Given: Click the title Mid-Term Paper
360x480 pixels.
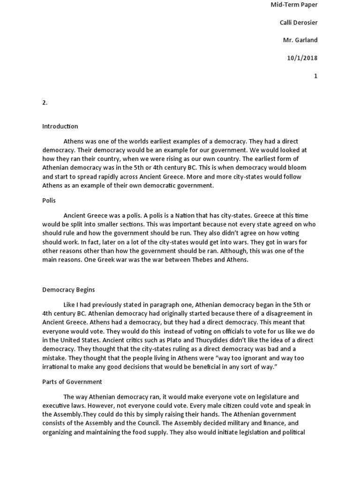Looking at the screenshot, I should tap(294, 5).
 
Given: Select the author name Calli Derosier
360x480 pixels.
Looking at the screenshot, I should tap(295, 22).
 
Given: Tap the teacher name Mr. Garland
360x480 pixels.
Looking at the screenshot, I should tap(300, 40).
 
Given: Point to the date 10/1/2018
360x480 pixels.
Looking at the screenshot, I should tap(302, 58).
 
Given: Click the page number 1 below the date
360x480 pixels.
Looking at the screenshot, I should tap(315, 76).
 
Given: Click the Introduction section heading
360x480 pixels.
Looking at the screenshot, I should tap(60, 127).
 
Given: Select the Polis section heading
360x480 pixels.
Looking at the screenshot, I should tap(49, 200).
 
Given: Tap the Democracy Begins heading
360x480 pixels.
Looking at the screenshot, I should tap(68, 290).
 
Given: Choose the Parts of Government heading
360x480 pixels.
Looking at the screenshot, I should tap(72, 382).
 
